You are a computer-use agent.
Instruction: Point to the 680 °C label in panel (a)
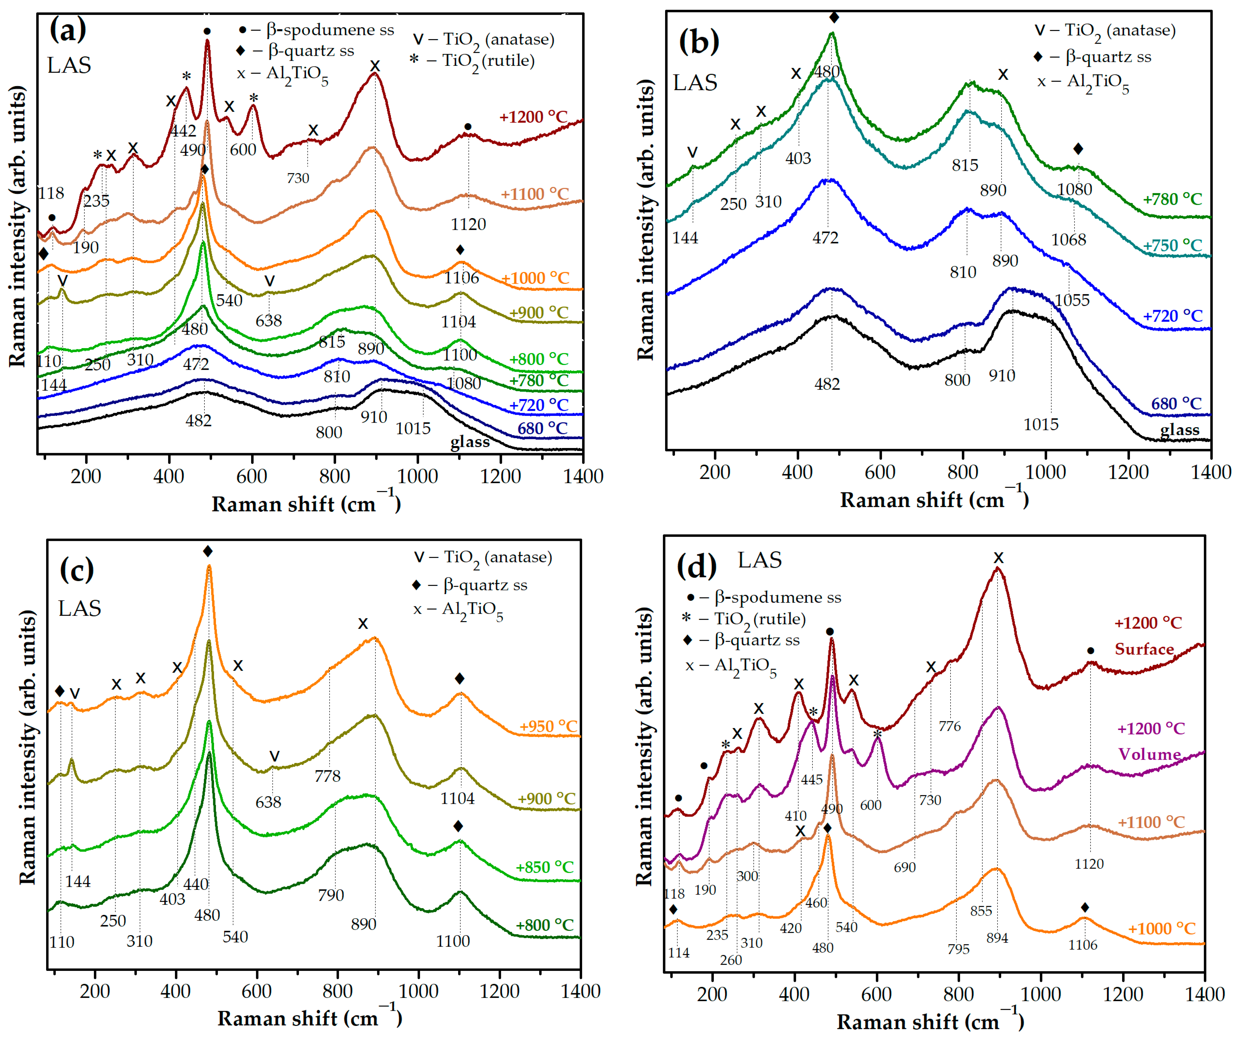point(542,428)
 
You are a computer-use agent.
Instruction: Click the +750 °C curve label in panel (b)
point(1172,245)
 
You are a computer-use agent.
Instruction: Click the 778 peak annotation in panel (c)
point(327,776)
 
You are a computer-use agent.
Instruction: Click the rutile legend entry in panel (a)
point(474,61)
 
